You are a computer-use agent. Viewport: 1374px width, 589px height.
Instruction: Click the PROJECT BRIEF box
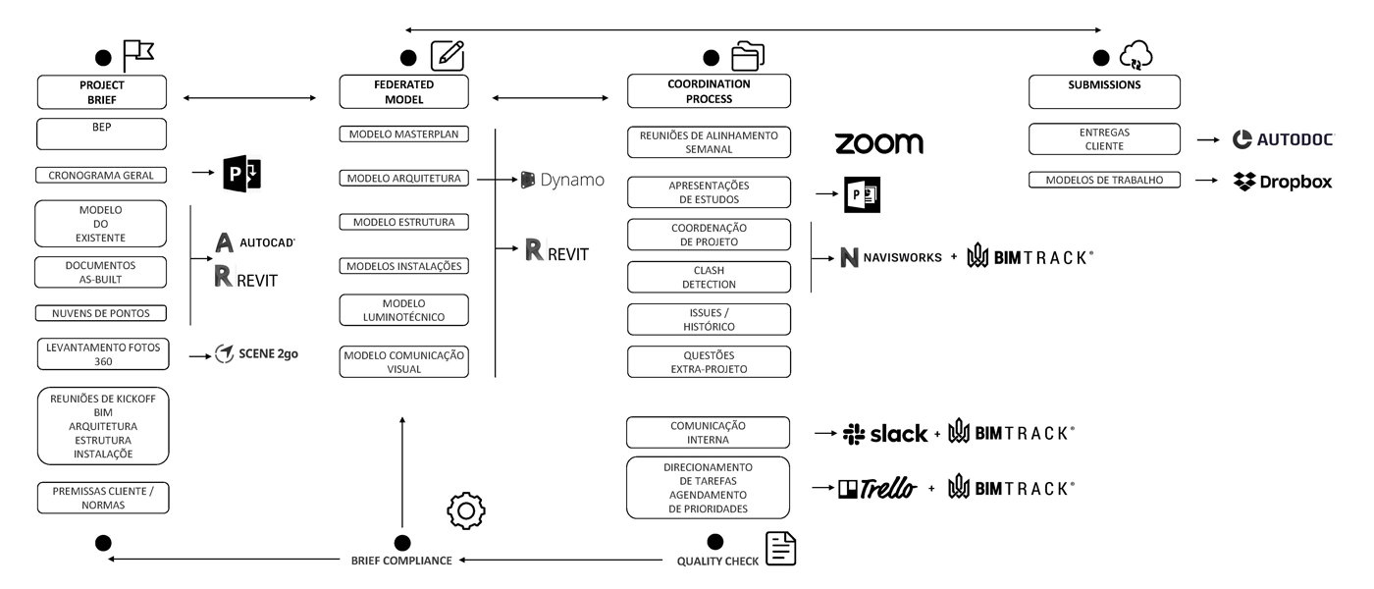102,91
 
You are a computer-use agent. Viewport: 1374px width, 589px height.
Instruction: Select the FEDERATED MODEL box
403,91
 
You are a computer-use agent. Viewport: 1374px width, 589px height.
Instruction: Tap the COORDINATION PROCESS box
709,91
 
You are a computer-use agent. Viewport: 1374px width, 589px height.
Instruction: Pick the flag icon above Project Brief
138,56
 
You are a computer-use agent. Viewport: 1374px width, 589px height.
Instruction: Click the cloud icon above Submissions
1136,57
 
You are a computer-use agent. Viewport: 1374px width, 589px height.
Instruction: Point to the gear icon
466,510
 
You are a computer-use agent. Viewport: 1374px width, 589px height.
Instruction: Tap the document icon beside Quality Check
780,549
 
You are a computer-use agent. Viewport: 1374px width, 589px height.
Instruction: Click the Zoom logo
878,143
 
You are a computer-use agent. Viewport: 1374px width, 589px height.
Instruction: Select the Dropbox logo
1283,182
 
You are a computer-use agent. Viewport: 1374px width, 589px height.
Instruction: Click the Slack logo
885,434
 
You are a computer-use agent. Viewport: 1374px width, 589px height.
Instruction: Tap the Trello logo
876,488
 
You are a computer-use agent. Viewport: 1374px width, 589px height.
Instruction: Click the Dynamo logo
562,180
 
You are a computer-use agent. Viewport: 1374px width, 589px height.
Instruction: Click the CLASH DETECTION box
709,277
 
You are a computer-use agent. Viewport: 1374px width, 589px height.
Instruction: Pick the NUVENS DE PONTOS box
102,313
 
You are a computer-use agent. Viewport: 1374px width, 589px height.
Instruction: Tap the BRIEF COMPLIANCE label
401,561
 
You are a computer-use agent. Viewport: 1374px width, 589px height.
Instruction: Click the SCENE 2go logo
256,353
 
